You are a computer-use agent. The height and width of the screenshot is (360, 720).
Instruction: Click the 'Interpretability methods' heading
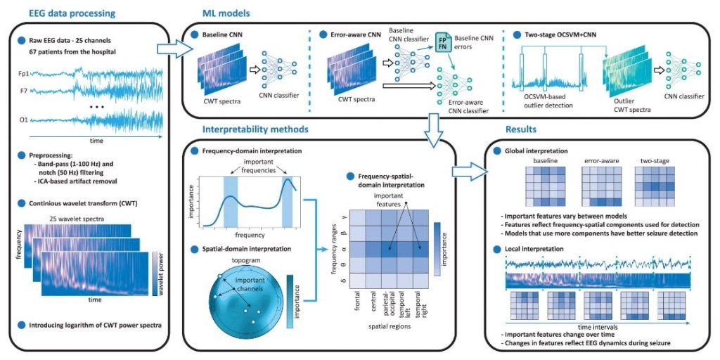(255, 130)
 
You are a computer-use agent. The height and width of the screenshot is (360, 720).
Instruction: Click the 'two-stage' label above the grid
(655, 161)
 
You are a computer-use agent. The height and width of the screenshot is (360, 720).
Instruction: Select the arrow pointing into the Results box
(470, 172)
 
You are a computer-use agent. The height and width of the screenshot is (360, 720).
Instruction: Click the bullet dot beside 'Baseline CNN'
(194, 34)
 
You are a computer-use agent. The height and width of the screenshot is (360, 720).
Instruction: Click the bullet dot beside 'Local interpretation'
(496, 249)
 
